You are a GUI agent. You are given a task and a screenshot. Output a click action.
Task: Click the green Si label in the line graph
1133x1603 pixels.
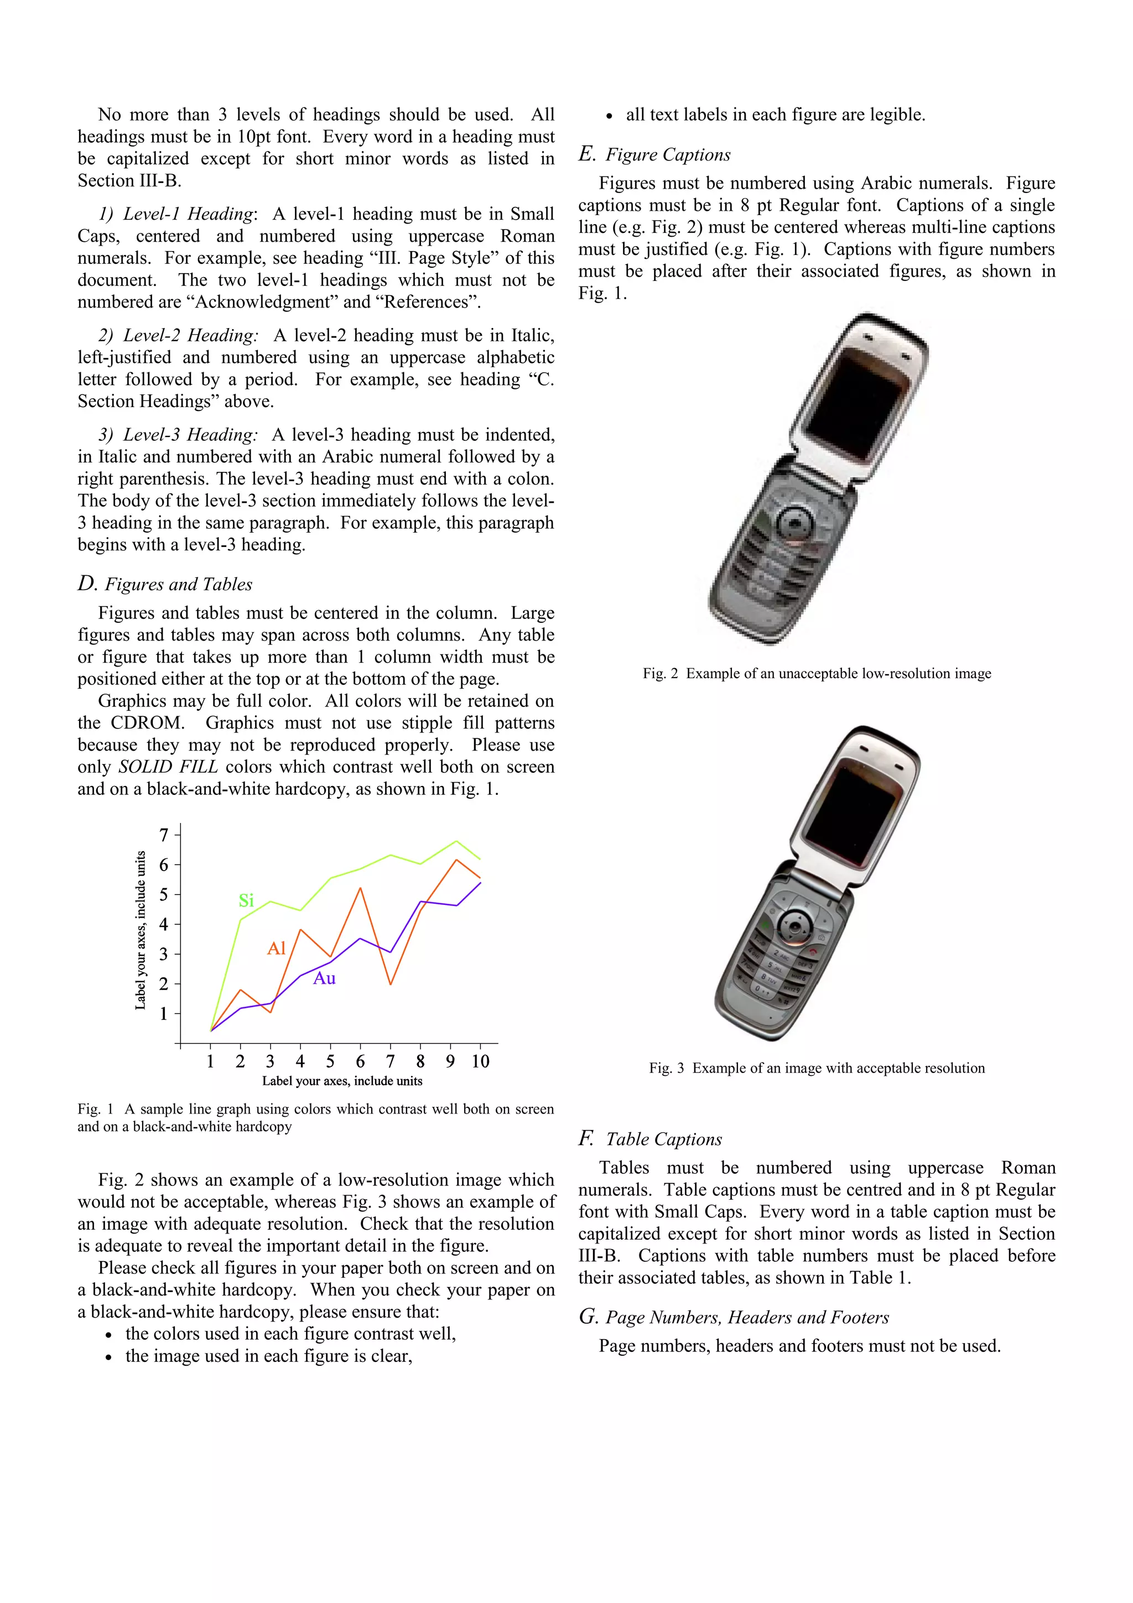point(246,901)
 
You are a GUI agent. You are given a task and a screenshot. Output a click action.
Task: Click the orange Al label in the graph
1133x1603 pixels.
point(277,948)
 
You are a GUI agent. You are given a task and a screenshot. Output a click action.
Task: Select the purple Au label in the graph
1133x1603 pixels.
point(324,978)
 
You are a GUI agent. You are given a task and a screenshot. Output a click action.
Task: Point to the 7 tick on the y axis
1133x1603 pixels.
point(164,835)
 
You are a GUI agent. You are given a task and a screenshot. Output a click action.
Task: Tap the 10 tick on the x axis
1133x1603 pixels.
point(480,1062)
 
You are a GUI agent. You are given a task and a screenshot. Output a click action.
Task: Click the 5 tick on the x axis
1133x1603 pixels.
point(330,1062)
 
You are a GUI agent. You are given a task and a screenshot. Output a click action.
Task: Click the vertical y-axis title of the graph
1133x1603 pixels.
point(141,930)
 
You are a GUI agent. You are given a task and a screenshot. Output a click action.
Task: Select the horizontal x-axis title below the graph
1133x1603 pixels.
point(342,1081)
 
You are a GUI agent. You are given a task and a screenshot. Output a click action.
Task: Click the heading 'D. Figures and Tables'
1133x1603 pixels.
point(165,584)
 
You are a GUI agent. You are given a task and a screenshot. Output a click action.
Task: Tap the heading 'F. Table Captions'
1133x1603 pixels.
point(650,1139)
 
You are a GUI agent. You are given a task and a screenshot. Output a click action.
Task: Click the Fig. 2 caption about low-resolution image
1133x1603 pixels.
point(817,673)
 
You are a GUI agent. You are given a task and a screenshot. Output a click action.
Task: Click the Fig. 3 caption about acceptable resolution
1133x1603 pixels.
point(817,1068)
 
